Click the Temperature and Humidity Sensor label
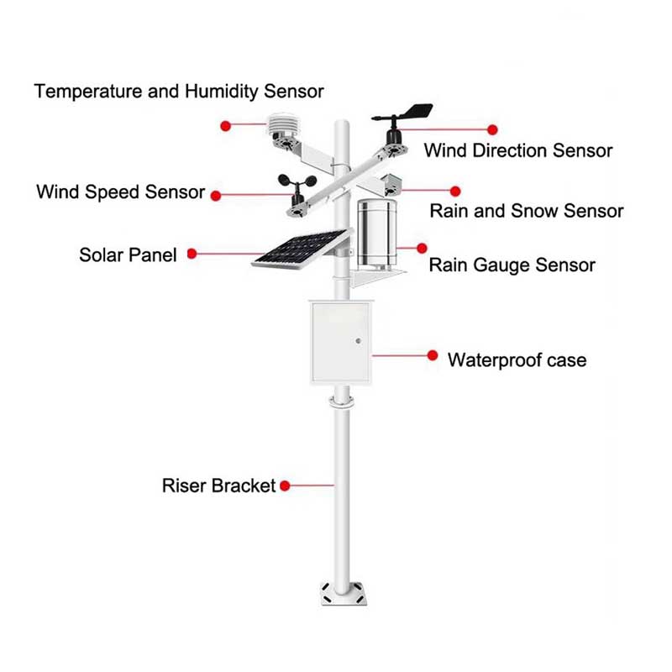click(x=179, y=92)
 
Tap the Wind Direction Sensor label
click(x=518, y=151)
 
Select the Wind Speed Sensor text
click(x=120, y=192)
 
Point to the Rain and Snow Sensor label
click(x=527, y=211)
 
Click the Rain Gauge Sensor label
click(x=512, y=265)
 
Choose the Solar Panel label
click(x=128, y=255)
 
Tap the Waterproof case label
click(x=517, y=360)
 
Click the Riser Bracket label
click(x=218, y=486)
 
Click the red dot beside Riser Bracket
click(x=285, y=486)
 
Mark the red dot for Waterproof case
click(x=433, y=355)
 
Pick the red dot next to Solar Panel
click(x=192, y=254)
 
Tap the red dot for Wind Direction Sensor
click(x=492, y=129)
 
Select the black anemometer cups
click(x=297, y=182)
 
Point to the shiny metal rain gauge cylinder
click(x=376, y=234)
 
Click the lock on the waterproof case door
click(x=359, y=341)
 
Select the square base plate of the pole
click(x=344, y=593)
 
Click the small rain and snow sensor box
click(x=391, y=185)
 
